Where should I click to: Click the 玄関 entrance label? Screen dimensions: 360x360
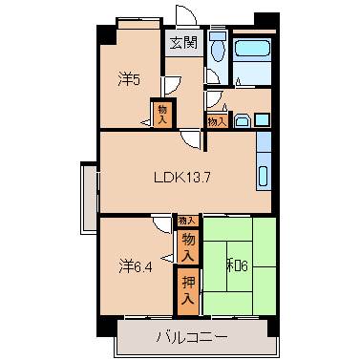tap(184, 42)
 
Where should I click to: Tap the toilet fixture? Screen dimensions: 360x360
tap(217, 48)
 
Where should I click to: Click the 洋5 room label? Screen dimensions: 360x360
tap(130, 80)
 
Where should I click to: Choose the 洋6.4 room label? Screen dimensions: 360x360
tap(136, 263)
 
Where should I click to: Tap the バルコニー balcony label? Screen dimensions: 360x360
tap(193, 336)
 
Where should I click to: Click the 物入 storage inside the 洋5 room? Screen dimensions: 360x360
tap(162, 115)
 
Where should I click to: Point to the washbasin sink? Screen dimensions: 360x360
tap(242, 119)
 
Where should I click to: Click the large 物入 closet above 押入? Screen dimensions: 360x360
tap(188, 247)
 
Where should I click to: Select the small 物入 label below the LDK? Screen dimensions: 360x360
tap(183, 221)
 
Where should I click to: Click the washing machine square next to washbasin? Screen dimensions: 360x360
tap(262, 119)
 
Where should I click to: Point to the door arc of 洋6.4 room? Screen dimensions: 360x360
tap(159, 227)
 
